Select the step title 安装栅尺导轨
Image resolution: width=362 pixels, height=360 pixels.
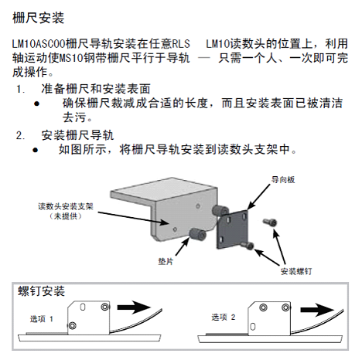[x=77, y=134]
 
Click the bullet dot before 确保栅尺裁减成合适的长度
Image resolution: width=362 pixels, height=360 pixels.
[x=36, y=104]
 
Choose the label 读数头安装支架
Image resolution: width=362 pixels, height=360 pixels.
[x=66, y=206]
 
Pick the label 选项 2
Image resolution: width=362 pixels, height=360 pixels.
[x=224, y=317]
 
